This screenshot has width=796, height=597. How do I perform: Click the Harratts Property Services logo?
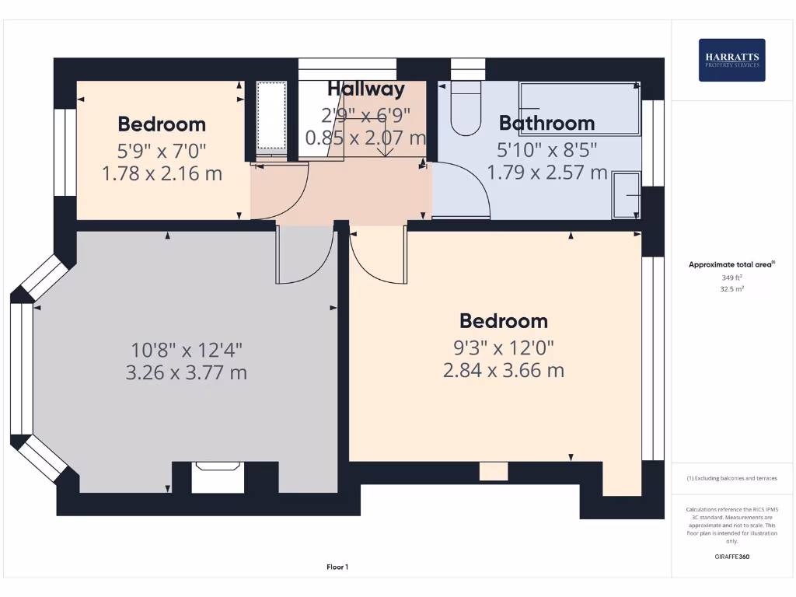click(x=731, y=60)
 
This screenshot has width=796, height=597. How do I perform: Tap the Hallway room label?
click(x=365, y=89)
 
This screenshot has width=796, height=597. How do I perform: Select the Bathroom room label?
click(x=546, y=123)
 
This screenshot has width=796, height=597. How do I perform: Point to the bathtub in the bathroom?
click(x=579, y=110)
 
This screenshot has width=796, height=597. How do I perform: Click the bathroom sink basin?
click(x=626, y=194)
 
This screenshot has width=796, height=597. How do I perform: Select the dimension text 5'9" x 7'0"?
click(x=162, y=149)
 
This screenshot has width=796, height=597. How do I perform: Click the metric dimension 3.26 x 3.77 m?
click(x=186, y=373)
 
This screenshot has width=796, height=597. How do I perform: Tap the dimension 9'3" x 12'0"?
click(x=503, y=347)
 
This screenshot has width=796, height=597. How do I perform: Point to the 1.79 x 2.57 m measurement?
click(x=546, y=172)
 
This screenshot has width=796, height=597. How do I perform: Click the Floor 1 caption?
click(x=337, y=567)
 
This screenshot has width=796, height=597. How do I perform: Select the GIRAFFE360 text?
click(x=731, y=557)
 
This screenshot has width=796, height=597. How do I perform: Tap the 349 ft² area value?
click(x=731, y=277)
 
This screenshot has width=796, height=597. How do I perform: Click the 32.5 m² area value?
click(x=731, y=288)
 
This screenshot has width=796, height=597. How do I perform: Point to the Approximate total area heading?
click(x=731, y=264)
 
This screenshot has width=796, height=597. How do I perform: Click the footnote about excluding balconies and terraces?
click(x=731, y=478)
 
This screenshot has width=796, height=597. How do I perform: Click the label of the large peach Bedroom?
click(x=503, y=321)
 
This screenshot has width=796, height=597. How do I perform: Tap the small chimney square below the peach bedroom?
click(x=493, y=471)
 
